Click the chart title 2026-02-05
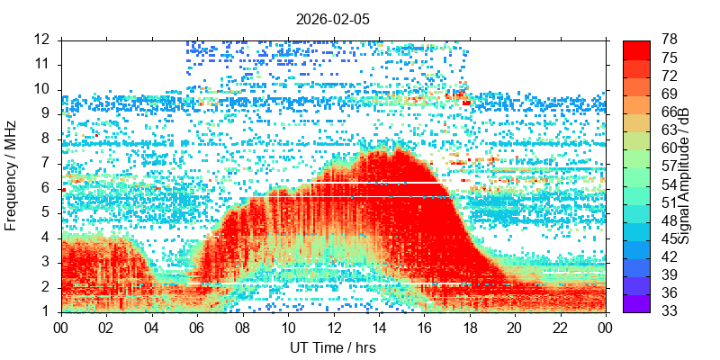pyautogui.click(x=333, y=18)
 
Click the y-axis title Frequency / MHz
pyautogui.click(x=12, y=176)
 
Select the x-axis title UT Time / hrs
pyautogui.click(x=333, y=347)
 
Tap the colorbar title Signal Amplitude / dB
pyautogui.click(x=684, y=176)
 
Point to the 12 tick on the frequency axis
pyautogui.click(x=62, y=40)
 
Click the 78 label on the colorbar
pyautogui.click(x=669, y=40)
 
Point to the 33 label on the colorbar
pyautogui.click(x=669, y=311)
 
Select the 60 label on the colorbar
pyautogui.click(x=669, y=148)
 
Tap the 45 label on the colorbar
pyautogui.click(x=669, y=238)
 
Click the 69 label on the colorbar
pyautogui.click(x=669, y=94)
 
